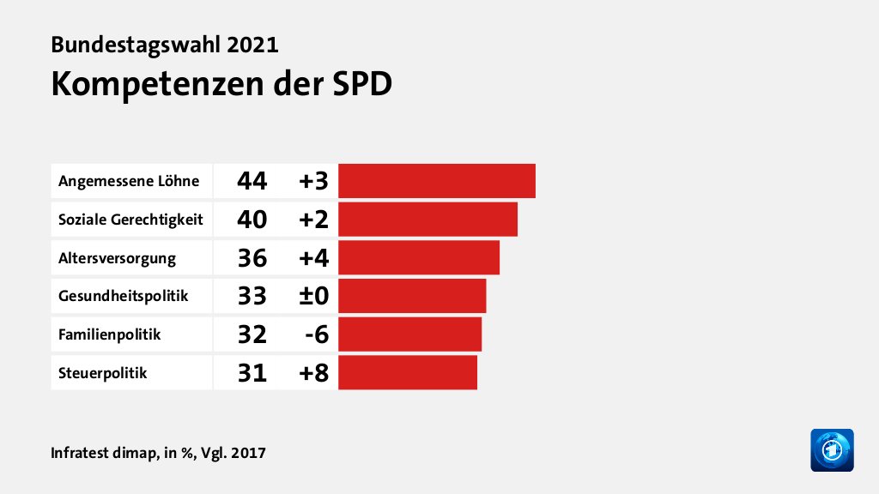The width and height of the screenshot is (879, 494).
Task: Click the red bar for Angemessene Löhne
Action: pos(437,181)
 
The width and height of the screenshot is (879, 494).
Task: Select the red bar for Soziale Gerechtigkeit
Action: pos(427,220)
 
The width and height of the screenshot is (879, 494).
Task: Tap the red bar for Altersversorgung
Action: pos(419,257)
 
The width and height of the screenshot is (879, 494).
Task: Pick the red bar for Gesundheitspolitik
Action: pos(412,296)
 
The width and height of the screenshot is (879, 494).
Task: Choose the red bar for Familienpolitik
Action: pos(409,334)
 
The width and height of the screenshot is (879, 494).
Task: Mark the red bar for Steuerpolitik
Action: pos(408,372)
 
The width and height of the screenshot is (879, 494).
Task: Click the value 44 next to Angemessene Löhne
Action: pos(252,181)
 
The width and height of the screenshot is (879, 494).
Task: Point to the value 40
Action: pos(252,220)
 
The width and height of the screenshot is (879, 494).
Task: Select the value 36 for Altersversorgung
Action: pos(252,257)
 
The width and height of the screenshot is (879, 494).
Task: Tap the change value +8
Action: pos(314,372)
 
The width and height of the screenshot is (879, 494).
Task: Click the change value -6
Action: pos(317,334)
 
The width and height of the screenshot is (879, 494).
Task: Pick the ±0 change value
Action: pos(314,296)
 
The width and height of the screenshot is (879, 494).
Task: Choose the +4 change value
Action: pos(314,257)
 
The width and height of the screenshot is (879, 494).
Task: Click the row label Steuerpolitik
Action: pos(102,373)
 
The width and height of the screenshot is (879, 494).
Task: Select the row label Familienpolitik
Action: pos(109,334)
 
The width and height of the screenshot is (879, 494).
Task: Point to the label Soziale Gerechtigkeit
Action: pos(130,220)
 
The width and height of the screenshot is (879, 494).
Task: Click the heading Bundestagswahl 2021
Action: pos(165,45)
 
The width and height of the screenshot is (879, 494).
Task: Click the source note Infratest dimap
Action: pos(104,452)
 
